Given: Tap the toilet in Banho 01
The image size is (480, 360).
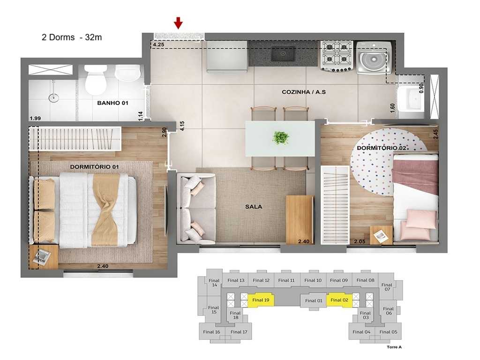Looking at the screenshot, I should (96, 80).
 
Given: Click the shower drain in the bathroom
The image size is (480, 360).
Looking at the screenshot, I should (54, 98).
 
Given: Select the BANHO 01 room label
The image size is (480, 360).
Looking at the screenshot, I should (112, 103).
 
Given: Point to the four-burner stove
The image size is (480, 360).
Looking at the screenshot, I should (337, 55).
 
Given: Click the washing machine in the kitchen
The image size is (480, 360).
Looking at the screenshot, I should (374, 57).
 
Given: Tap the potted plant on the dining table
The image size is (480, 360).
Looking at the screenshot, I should (281, 138).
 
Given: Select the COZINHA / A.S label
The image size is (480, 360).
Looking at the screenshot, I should (303, 92).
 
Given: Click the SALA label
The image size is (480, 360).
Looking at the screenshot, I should (253, 206).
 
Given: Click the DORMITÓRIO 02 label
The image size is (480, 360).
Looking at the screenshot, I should (381, 148).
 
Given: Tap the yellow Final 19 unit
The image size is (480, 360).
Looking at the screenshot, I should (261, 300).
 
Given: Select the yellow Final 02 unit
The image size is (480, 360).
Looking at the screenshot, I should (338, 300).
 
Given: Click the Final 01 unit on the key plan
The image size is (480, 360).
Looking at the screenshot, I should (314, 300).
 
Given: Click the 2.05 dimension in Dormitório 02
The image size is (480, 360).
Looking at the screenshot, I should (359, 241).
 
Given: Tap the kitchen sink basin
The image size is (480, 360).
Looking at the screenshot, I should (283, 54).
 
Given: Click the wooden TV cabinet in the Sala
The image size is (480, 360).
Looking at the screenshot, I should (300, 218).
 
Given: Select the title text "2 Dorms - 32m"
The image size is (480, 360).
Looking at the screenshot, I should (72, 38).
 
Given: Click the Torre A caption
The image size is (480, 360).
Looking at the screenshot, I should (394, 347).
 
